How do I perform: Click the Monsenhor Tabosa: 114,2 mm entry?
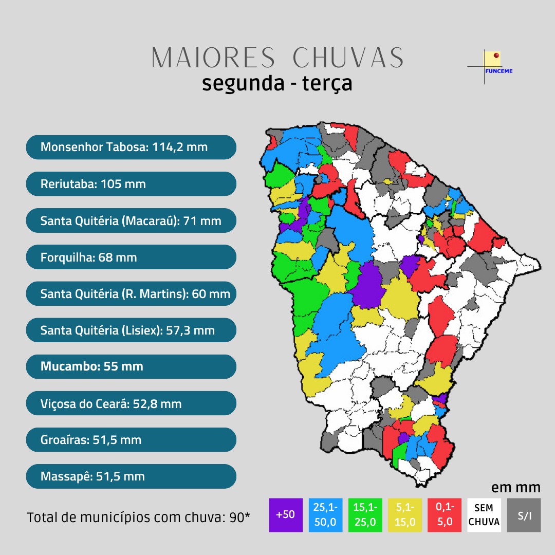point(131,147)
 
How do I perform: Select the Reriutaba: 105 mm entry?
point(131,184)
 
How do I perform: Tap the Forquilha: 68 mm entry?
point(131,257)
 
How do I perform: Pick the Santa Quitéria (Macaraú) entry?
point(131,221)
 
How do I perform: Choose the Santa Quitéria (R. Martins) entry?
point(131,294)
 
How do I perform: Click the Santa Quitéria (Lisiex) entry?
point(131,330)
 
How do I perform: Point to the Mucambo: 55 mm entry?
point(131,367)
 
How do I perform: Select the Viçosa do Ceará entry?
point(131,404)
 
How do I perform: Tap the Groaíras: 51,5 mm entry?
point(131,440)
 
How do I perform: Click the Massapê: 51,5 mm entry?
point(131,476)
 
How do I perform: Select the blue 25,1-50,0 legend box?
point(325,514)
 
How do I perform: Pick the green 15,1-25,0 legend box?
point(365,514)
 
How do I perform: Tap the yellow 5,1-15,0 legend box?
point(404,514)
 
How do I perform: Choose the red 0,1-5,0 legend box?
point(444,514)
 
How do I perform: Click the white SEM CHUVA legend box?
point(484,514)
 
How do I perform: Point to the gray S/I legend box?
point(524,514)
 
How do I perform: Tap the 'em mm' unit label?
point(515,487)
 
